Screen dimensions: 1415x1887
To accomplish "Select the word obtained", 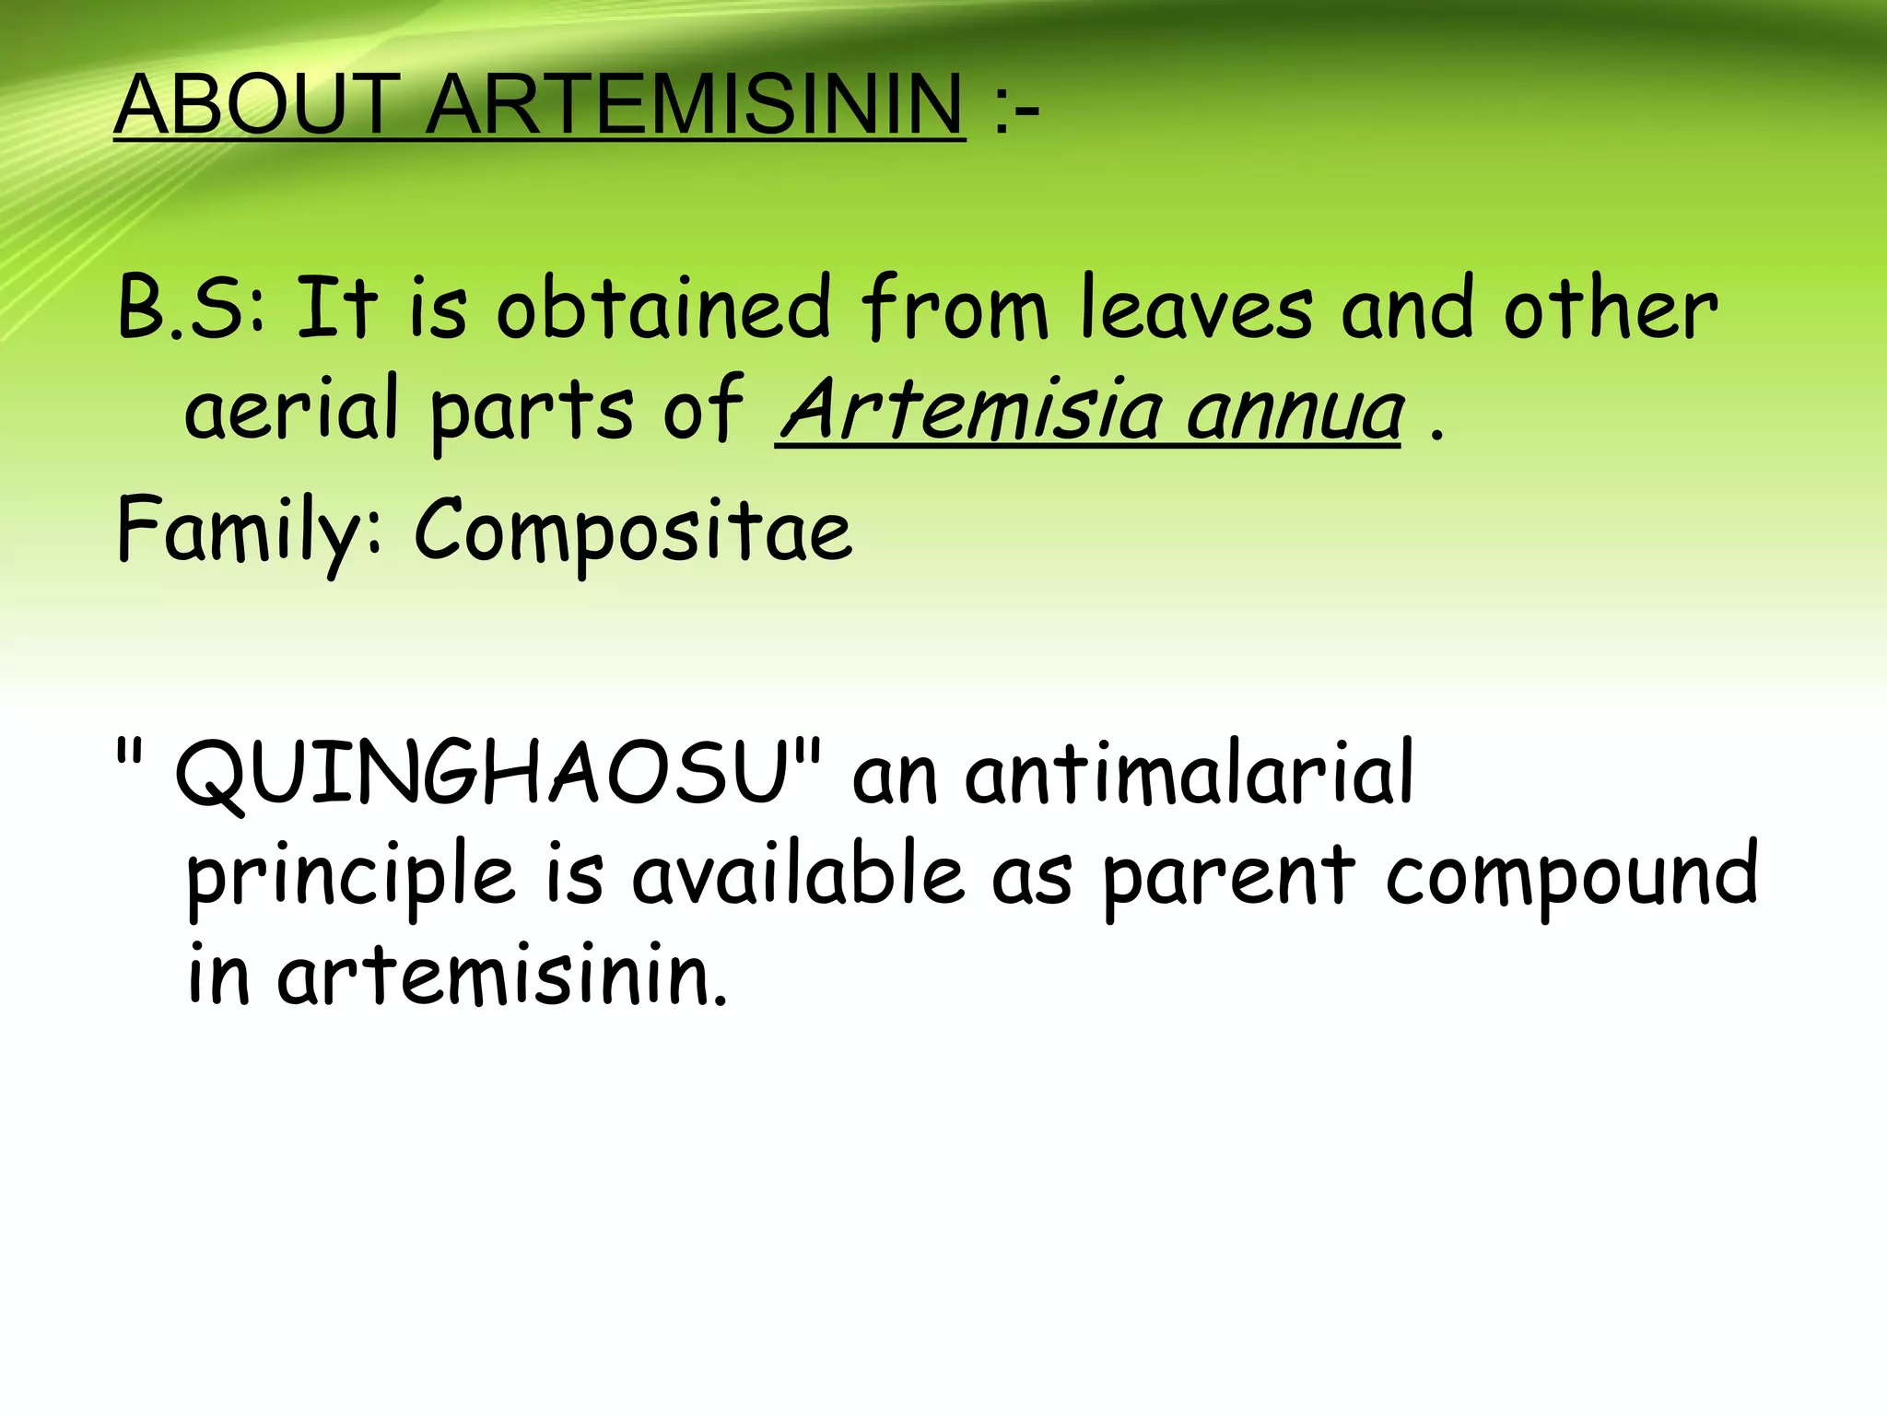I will (x=663, y=309).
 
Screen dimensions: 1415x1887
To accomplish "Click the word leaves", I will (x=1196, y=309).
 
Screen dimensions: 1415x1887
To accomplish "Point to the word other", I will (x=1611, y=309).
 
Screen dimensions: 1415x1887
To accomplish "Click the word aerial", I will (x=291, y=409).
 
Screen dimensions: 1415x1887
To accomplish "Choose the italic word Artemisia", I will (x=971, y=409).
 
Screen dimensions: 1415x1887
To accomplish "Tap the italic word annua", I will (x=1295, y=411).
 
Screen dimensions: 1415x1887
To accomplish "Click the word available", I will (x=798, y=875).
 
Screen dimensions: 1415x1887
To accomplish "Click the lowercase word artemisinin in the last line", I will (x=502, y=975).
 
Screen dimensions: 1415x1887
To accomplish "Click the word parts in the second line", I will (x=532, y=411).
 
